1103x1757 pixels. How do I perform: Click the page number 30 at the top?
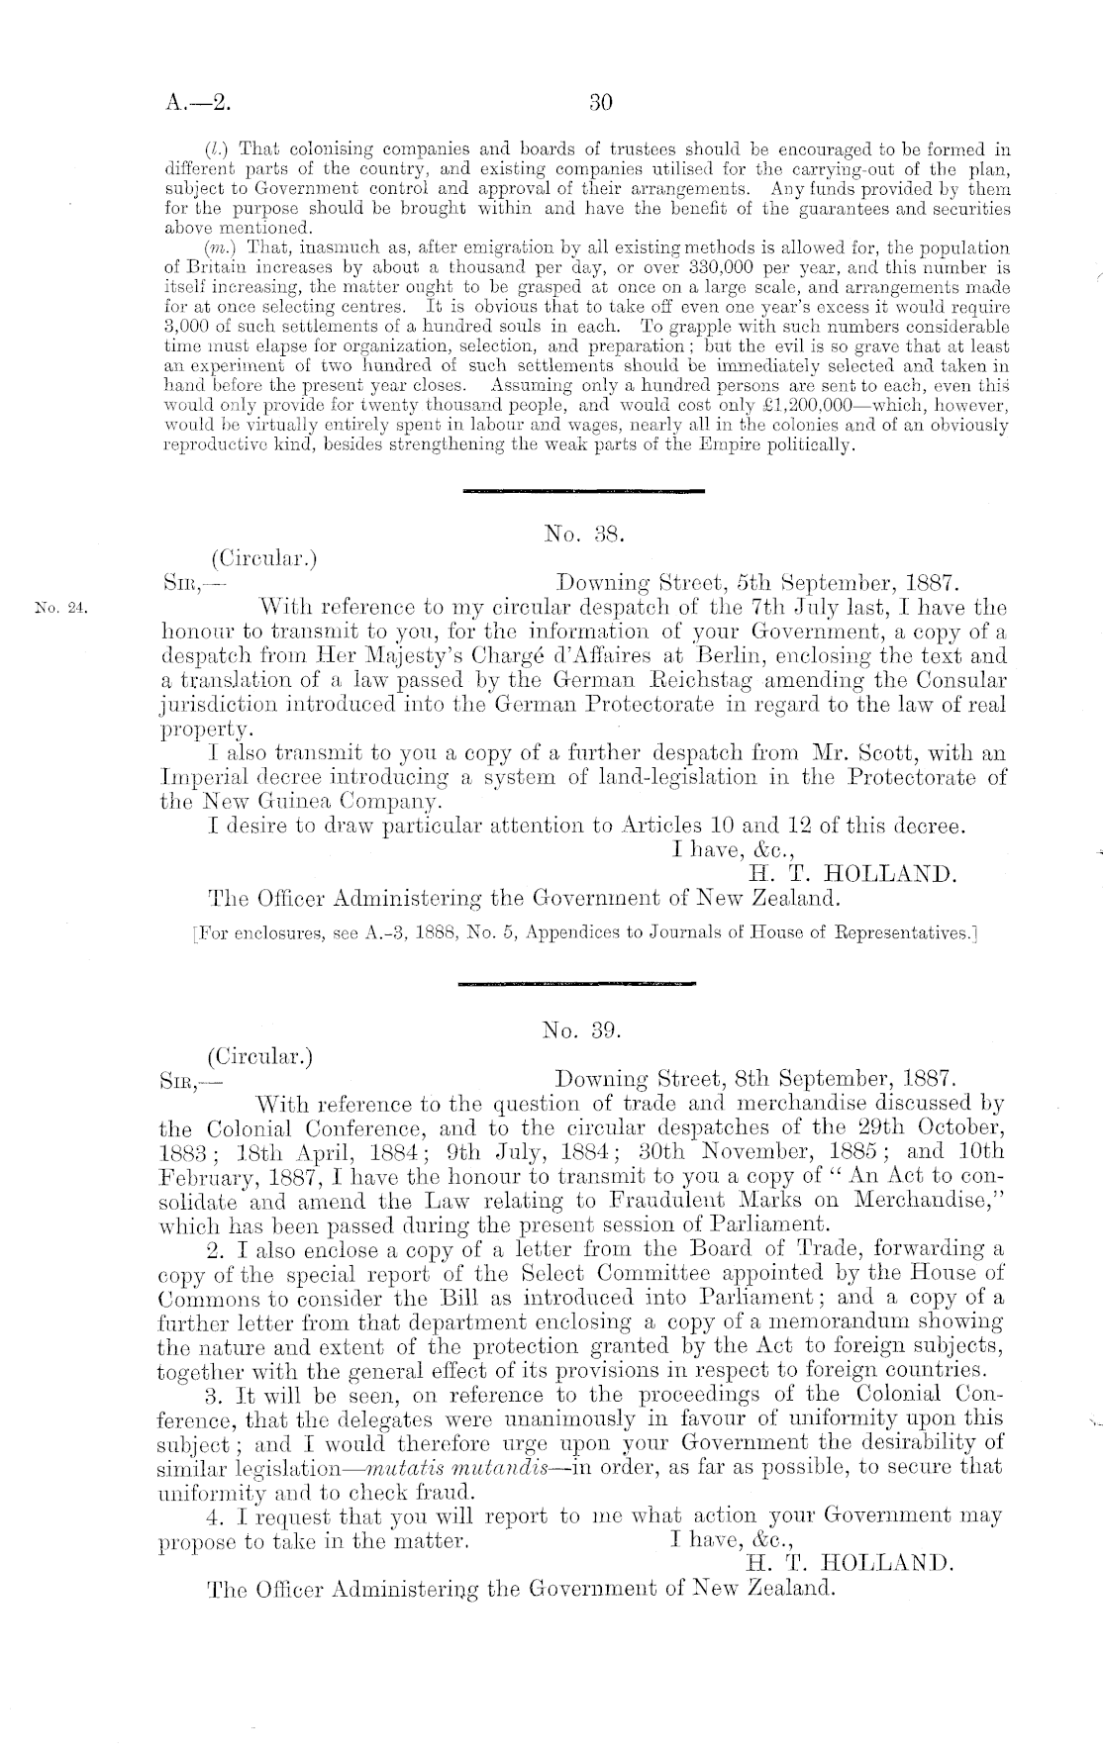[602, 102]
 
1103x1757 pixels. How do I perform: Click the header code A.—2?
[198, 102]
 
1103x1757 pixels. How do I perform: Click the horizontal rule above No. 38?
[583, 491]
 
